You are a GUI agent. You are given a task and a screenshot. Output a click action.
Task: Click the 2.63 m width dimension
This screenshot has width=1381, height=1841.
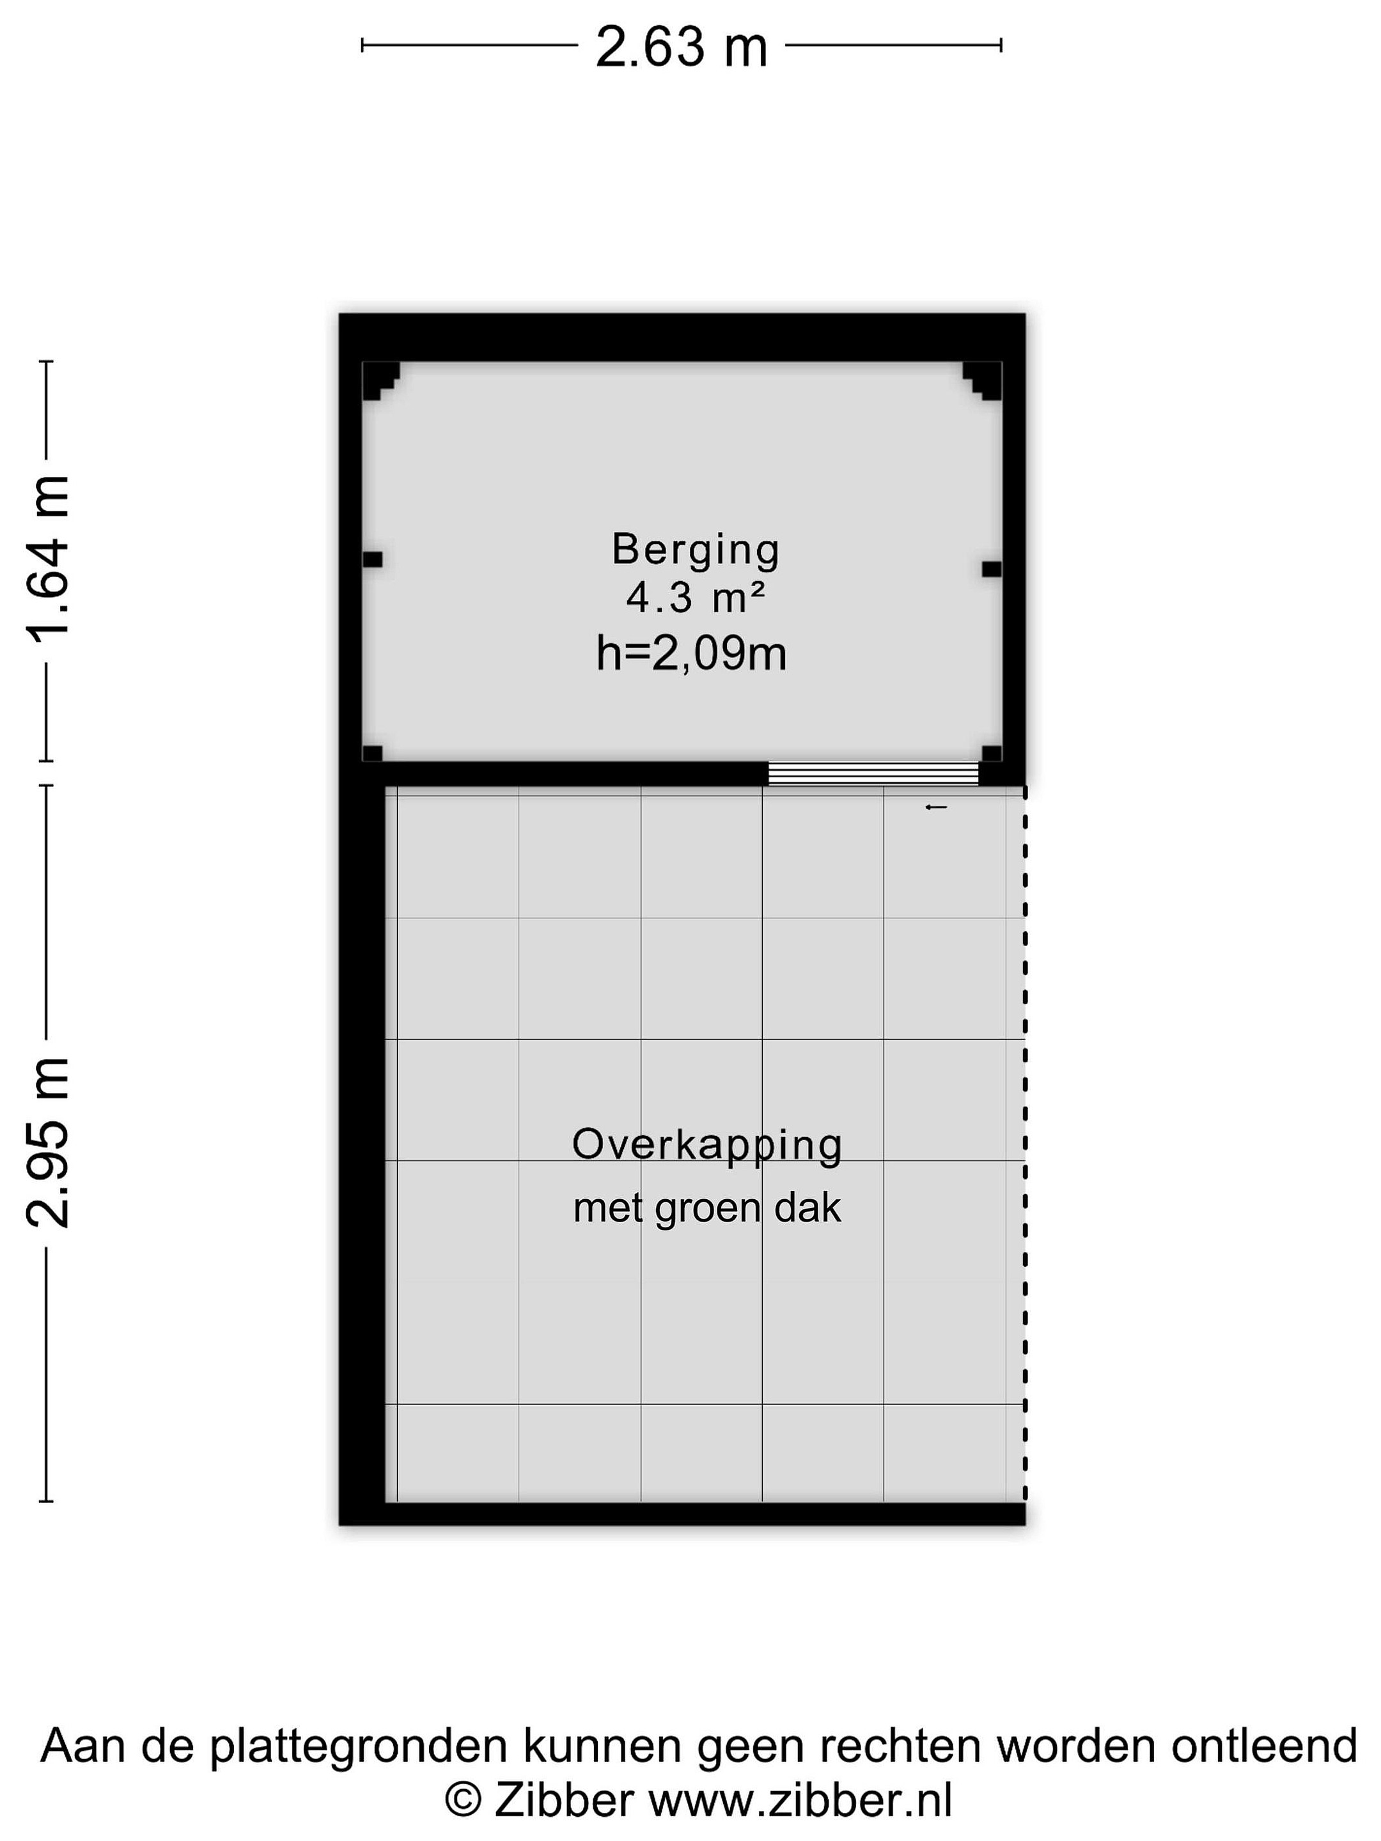681,47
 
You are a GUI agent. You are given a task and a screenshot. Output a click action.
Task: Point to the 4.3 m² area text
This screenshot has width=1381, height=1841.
695,598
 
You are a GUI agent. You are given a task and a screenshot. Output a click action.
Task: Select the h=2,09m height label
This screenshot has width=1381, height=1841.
691,653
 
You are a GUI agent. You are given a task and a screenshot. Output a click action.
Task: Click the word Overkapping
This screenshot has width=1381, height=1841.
706,1147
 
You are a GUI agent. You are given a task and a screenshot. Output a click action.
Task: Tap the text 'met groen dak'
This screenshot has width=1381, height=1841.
706,1208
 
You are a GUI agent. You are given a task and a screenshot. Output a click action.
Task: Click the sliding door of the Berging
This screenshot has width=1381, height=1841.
872,774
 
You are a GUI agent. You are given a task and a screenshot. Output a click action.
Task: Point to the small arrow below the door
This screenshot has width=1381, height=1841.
935,807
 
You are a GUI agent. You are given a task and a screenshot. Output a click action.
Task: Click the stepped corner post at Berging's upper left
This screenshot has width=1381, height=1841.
380,380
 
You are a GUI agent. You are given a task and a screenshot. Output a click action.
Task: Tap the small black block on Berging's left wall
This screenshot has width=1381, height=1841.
372,559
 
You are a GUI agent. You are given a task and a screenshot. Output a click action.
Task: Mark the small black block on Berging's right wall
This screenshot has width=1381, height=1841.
992,570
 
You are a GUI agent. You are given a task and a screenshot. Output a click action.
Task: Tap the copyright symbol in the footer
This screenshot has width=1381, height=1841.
463,1799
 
